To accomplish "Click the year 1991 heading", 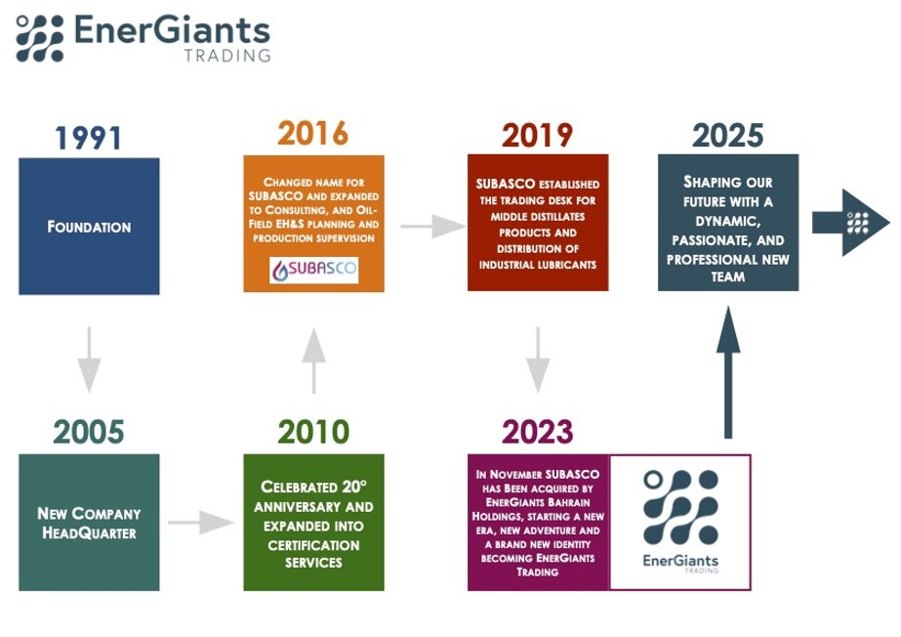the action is coord(88,138).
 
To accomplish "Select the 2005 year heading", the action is coord(89,432).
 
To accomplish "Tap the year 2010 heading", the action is coord(313,432).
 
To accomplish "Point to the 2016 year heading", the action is coord(313,134).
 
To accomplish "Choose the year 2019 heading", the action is coord(537,136).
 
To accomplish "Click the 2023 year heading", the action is coord(537,432).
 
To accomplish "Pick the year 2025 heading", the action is coord(727,136).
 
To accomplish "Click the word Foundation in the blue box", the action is coord(89,227).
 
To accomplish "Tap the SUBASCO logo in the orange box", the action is coord(313,270).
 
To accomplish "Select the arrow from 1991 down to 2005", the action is coord(89,360).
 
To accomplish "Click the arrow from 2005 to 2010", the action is coord(200,522).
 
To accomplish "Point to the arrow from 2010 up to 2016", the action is coord(313,361).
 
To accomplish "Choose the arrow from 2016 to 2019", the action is coord(433,226).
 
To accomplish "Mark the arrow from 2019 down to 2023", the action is coord(538,360).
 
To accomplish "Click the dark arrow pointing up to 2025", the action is coord(728,372).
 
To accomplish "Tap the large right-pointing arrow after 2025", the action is coord(850,223).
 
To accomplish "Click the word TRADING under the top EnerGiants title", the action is coord(227,56).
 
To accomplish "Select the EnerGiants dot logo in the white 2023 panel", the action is coord(680,507).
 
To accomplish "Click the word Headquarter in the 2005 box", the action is coord(89,533).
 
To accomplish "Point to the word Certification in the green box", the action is coord(313,545).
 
